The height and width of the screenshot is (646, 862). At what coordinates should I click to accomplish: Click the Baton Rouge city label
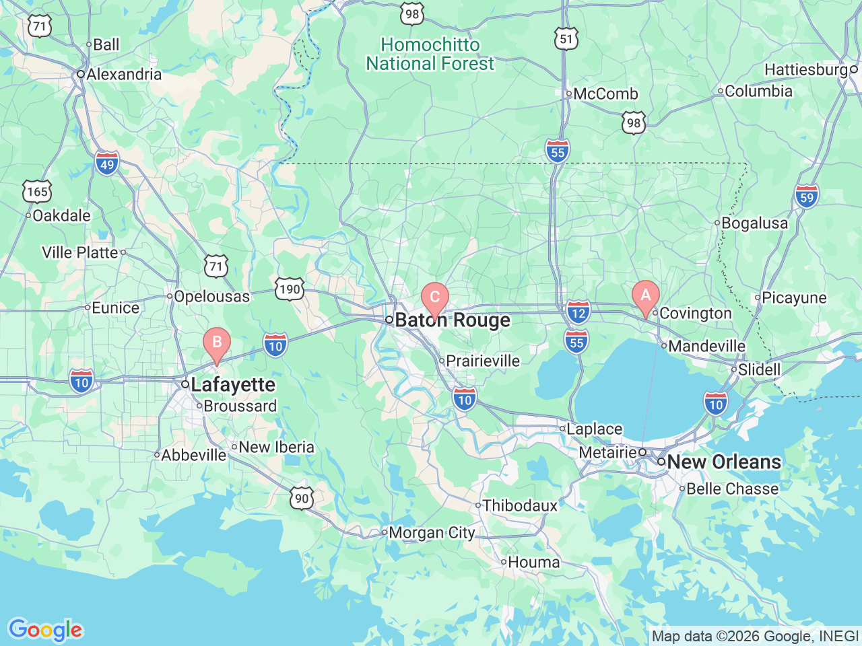tap(453, 320)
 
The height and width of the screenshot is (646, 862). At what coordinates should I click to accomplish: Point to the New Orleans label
tap(724, 462)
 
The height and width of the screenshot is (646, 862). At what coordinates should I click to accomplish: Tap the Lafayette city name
tap(233, 385)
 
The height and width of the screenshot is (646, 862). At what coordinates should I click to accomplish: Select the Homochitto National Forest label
tap(430, 55)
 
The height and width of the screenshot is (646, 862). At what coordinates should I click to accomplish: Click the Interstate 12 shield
tap(578, 312)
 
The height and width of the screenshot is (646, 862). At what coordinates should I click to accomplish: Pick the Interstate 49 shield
tap(107, 163)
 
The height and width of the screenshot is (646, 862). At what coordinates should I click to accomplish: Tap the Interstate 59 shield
tap(807, 197)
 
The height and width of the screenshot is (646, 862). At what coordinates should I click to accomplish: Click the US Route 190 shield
tap(289, 289)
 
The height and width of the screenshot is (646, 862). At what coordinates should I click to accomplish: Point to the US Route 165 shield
tap(37, 192)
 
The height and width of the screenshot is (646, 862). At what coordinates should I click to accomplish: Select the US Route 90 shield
tap(302, 499)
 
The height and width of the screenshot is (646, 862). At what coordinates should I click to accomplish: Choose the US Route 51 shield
tap(566, 38)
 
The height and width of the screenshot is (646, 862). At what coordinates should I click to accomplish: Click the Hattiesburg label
tap(806, 70)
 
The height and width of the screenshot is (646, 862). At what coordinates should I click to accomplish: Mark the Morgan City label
tap(432, 533)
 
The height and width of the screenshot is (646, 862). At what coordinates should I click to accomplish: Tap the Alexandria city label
tap(124, 75)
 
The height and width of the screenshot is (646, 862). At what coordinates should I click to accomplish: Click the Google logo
tap(45, 631)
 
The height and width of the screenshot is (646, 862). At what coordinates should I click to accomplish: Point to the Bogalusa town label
tap(754, 223)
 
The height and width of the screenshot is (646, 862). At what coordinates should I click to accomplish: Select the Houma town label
tap(533, 562)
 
